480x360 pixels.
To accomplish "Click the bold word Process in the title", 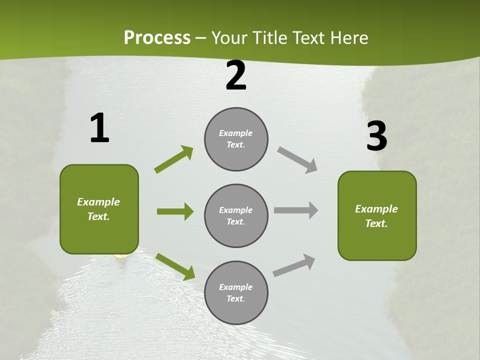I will (x=157, y=37).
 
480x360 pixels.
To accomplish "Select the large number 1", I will (x=99, y=128).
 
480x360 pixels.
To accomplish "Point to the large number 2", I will (x=236, y=75).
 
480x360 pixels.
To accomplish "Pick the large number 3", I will (x=376, y=136).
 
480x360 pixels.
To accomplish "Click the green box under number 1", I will (x=99, y=209).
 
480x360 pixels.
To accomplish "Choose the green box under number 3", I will (x=377, y=216).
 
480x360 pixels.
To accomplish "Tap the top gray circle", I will (x=236, y=139).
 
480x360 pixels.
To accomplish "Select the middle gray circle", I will (x=236, y=216).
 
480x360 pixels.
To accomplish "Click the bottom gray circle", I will (x=236, y=293).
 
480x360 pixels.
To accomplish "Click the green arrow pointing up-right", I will (x=174, y=159).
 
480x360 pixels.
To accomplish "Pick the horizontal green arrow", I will (x=175, y=211).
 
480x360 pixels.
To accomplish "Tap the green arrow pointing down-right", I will (x=175, y=266).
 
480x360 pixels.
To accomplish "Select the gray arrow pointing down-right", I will (x=297, y=160).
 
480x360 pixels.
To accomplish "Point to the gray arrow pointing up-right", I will (x=294, y=265).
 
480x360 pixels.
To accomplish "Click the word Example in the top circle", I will (x=235, y=133).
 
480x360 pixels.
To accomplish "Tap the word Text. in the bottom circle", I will (x=235, y=299).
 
